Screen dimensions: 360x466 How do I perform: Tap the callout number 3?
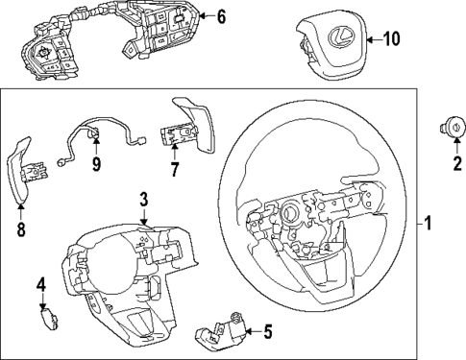point(143,201)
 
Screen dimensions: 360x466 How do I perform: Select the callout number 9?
point(96,164)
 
